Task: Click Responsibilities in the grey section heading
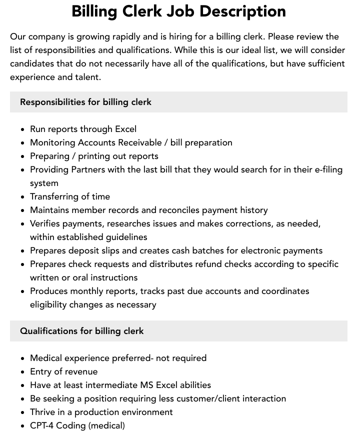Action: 52,102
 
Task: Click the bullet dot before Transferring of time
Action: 23,197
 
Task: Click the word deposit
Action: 88,250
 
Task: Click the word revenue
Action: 81,371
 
